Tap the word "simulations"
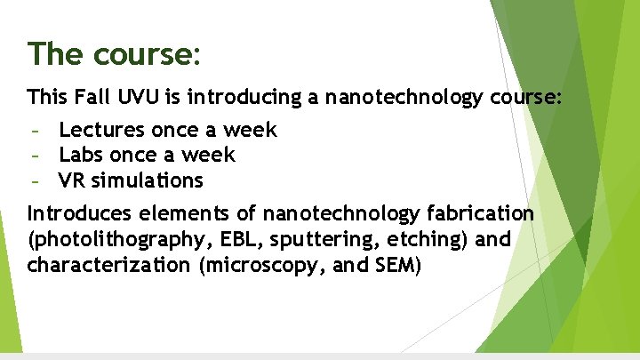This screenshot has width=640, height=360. [x=148, y=181]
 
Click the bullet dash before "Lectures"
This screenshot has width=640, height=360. [x=35, y=132]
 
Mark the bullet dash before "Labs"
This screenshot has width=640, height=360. [x=35, y=156]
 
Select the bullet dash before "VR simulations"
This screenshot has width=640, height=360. [x=35, y=182]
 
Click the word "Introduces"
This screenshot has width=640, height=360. [x=77, y=214]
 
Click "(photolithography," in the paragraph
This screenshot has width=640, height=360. [x=116, y=240]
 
